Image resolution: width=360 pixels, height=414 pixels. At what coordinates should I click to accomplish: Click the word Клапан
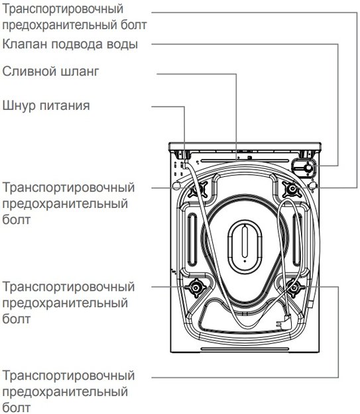(x=25, y=44)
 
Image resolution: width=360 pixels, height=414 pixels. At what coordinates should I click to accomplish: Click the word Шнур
(x=19, y=105)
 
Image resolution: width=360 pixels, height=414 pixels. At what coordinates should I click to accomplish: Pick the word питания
(x=65, y=105)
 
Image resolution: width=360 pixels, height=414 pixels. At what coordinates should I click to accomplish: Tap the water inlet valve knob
(x=308, y=168)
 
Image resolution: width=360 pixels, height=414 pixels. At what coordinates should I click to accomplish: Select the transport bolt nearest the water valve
(x=292, y=189)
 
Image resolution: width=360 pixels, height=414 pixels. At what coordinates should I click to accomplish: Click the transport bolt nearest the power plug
(x=294, y=287)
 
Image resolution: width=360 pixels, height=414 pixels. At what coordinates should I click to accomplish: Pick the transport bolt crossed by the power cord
(x=198, y=189)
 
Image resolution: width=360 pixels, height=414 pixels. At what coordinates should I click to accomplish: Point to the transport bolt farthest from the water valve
(x=196, y=287)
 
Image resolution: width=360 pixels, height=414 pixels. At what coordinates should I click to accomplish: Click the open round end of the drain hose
(x=176, y=185)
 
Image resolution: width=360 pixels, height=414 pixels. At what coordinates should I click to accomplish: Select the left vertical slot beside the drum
(x=192, y=240)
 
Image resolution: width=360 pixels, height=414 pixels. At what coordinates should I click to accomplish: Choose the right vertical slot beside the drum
(x=297, y=240)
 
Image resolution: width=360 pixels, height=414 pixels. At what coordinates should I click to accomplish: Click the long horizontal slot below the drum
(x=245, y=349)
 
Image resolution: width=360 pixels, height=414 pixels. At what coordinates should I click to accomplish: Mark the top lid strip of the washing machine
(x=245, y=146)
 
